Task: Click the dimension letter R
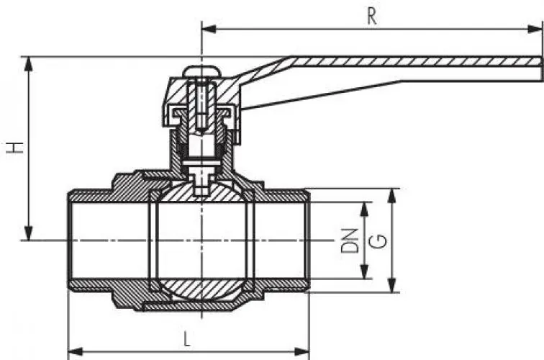pyautogui.click(x=371, y=17)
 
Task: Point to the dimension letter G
pyautogui.click(x=376, y=240)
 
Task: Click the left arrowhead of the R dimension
pyautogui.click(x=206, y=30)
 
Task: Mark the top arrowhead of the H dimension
pyautogui.click(x=30, y=61)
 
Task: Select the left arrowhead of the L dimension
pyautogui.click(x=73, y=352)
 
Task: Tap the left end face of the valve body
pyautogui.click(x=69, y=240)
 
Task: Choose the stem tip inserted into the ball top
pyautogui.click(x=200, y=189)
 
